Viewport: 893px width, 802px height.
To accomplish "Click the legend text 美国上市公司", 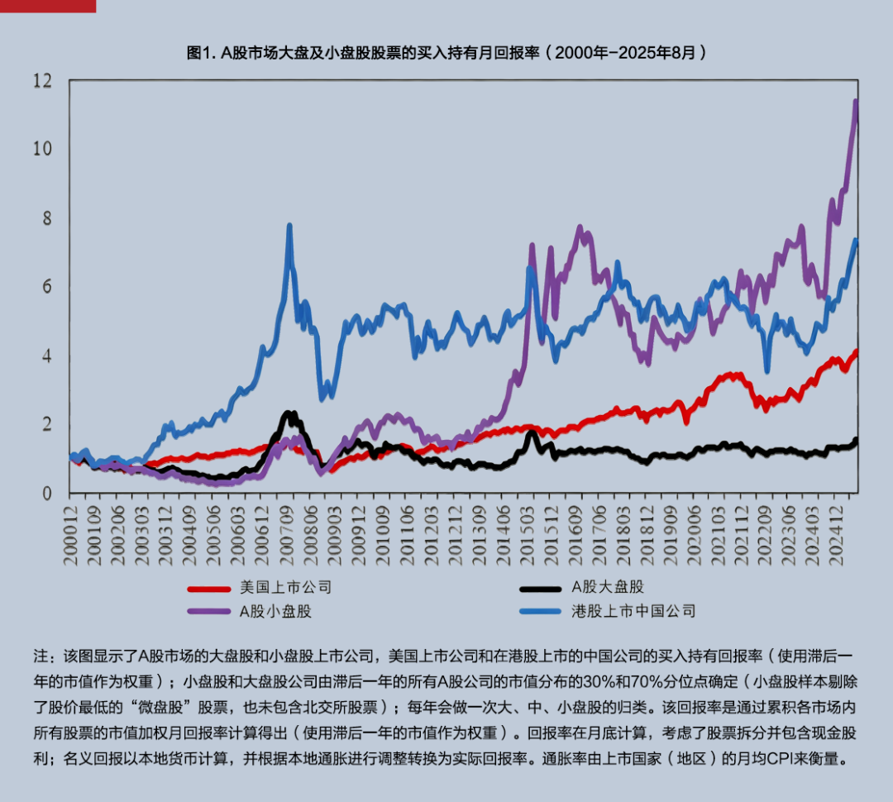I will tap(285, 588).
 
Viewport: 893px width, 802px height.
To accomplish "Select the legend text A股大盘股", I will tap(608, 588).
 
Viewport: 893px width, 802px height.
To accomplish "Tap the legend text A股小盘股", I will tap(275, 612).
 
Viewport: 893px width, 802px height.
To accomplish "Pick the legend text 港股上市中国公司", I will tap(633, 612).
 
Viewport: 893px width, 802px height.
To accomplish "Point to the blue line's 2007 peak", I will tap(289, 226).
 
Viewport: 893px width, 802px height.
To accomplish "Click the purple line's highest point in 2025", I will tap(856, 103).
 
